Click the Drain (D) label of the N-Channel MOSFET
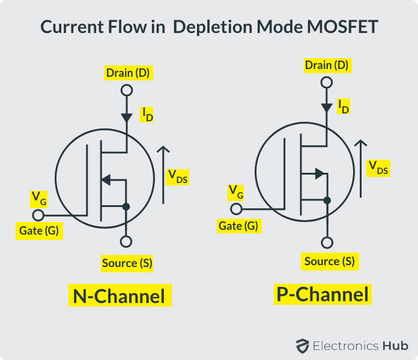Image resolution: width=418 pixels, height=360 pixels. click(127, 73)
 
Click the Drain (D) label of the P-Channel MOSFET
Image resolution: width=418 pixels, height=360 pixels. click(327, 65)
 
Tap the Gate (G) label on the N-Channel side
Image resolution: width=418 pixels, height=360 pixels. click(38, 231)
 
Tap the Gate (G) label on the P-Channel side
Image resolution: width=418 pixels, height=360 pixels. click(238, 226)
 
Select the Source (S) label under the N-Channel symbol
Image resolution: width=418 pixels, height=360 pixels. click(127, 263)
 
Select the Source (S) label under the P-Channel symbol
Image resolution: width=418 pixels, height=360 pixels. click(329, 261)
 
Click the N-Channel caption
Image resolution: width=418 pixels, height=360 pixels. click(119, 296)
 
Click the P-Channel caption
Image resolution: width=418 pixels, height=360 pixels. click(322, 294)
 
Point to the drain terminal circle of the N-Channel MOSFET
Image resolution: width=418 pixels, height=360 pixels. click(126, 91)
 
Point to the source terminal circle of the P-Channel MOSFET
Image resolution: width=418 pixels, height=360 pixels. click(327, 243)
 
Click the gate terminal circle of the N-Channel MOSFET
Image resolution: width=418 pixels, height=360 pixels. click(38, 215)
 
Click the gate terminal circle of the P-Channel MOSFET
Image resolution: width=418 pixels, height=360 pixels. click(237, 209)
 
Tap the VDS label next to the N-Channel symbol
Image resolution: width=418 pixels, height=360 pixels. click(177, 176)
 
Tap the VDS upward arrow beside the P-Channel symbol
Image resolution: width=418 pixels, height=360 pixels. click(360, 168)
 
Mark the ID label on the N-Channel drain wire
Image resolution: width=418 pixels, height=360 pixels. click(147, 114)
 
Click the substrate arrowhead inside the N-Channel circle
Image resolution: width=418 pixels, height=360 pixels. click(106, 179)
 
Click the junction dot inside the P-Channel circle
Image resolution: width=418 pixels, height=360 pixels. click(327, 200)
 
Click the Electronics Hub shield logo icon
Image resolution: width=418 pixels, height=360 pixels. click(302, 346)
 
